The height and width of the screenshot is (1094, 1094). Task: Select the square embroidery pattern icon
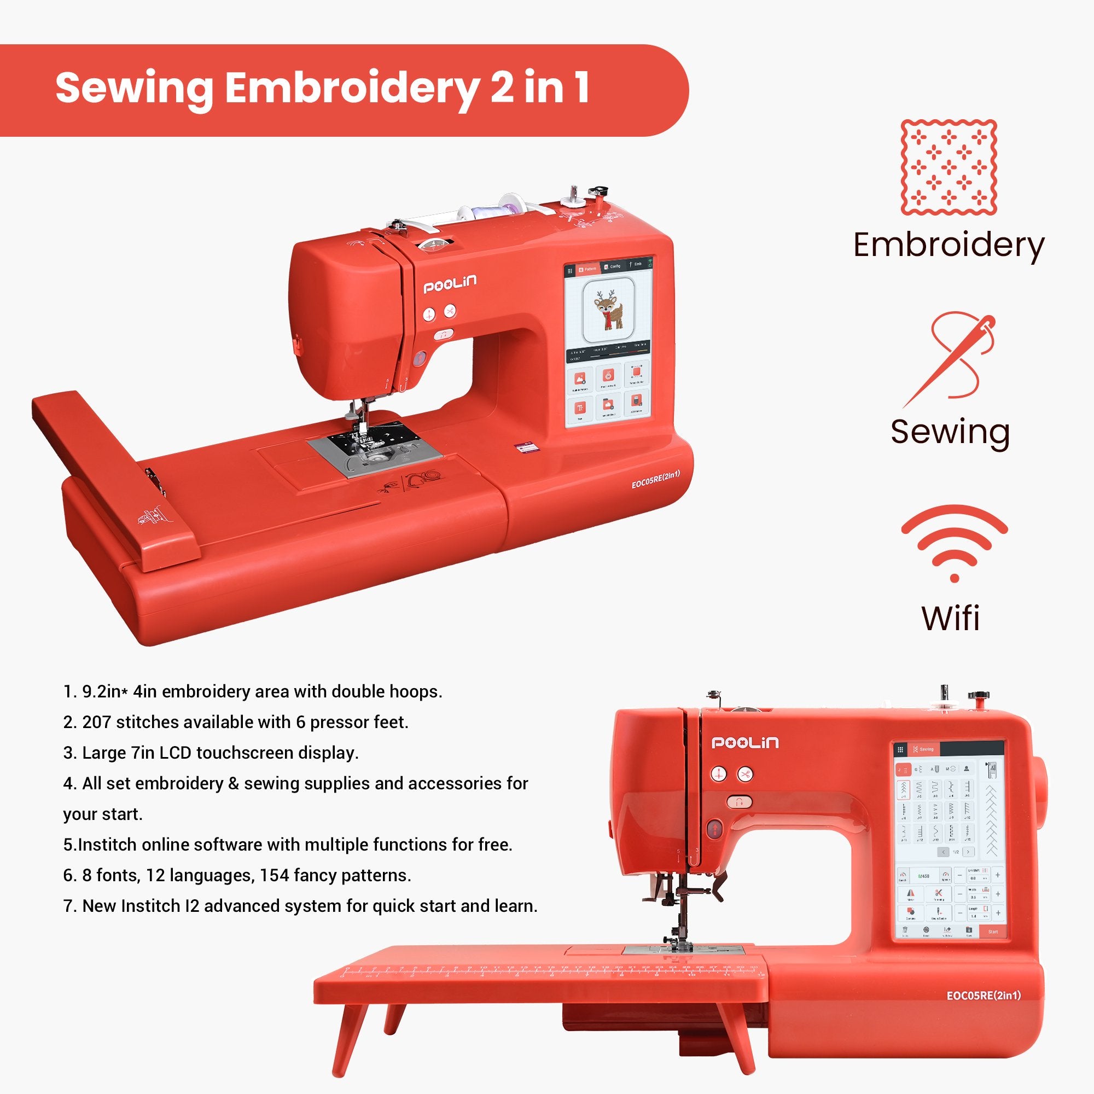click(948, 167)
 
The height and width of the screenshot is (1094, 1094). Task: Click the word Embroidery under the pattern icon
click(948, 245)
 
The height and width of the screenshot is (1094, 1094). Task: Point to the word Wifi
click(951, 618)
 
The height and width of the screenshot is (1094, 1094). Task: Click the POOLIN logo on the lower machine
click(744, 742)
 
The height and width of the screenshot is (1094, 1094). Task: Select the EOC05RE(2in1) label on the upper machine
click(655, 479)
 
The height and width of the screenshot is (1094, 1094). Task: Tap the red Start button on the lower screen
click(993, 932)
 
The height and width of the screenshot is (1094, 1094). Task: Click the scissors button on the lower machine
click(745, 774)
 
